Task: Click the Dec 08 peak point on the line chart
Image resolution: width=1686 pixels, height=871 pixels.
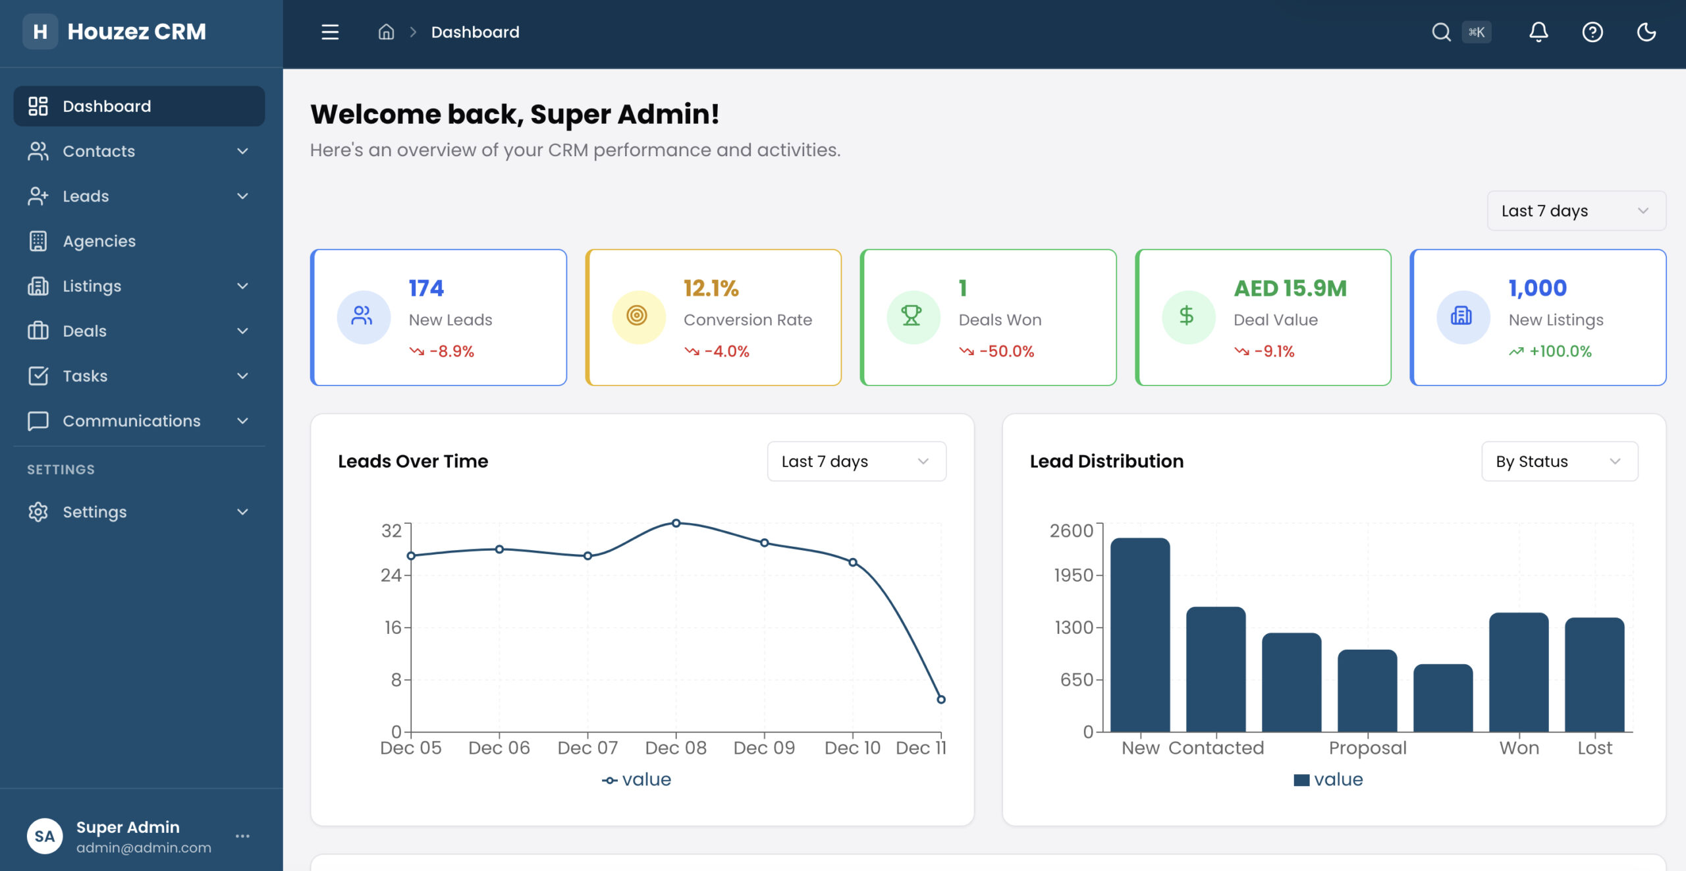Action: [676, 523]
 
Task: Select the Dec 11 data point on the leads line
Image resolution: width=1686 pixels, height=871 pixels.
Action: [941, 700]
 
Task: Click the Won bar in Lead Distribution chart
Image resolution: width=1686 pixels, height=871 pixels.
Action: [1519, 672]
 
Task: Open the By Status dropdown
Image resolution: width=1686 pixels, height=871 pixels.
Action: [1559, 461]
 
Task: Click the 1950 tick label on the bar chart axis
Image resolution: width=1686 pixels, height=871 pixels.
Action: [1073, 575]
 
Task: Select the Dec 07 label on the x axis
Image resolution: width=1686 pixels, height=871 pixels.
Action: [587, 748]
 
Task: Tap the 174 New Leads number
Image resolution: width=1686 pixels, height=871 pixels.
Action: [426, 288]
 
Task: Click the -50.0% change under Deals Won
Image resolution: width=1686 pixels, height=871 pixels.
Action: [1006, 351]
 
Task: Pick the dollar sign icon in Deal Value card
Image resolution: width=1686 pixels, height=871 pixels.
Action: [1187, 316]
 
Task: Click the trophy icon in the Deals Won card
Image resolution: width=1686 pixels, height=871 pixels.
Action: [911, 316]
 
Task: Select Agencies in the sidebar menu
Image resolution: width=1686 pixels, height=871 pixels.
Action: [99, 241]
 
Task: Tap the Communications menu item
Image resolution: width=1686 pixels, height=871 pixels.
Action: [131, 420]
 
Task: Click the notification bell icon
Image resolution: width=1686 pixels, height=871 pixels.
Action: [1538, 32]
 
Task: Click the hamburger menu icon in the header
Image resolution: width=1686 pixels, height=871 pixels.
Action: [330, 32]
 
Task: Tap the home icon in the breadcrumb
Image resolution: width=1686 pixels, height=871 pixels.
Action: [386, 32]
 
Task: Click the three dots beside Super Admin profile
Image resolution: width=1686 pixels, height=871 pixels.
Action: [242, 836]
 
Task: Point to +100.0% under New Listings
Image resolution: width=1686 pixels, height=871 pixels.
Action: [1560, 351]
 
